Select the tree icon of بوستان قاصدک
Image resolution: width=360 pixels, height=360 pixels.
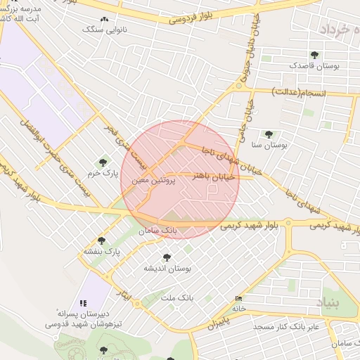click(314, 55)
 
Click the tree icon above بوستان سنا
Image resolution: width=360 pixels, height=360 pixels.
click(268, 134)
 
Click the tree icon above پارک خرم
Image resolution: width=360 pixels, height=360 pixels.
click(106, 162)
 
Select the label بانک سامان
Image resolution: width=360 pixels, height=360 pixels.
click(158, 230)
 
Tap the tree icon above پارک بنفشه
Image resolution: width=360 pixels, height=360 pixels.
click(102, 240)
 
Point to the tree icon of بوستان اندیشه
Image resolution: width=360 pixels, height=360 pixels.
click(167, 257)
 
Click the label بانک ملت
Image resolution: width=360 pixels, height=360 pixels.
click(176, 298)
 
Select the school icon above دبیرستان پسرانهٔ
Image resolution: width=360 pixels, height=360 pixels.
click(84, 303)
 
